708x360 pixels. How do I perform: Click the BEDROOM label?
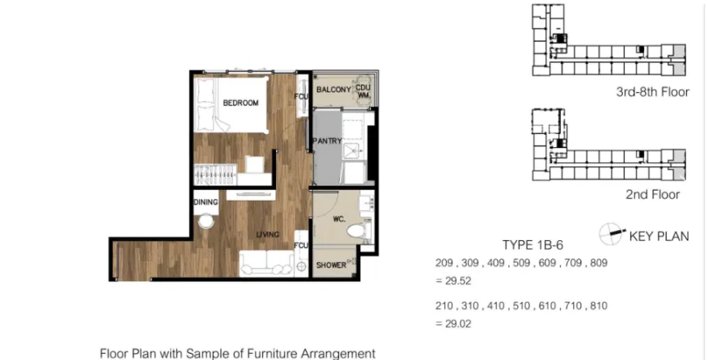pyautogui.click(x=241, y=102)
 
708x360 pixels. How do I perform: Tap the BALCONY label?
pyautogui.click(x=334, y=90)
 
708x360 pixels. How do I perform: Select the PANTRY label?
pyautogui.click(x=327, y=141)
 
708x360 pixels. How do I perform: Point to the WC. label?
pyautogui.click(x=339, y=219)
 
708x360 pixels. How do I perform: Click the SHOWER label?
pyautogui.click(x=331, y=265)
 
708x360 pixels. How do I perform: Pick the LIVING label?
pyautogui.click(x=267, y=234)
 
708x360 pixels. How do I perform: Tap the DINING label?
pyautogui.click(x=206, y=202)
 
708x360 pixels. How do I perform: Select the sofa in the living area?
pyautogui.click(x=267, y=262)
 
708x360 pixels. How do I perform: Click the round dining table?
pyautogui.click(x=207, y=221)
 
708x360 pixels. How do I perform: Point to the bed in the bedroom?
pyautogui.click(x=231, y=105)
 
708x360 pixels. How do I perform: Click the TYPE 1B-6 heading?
pyautogui.click(x=533, y=245)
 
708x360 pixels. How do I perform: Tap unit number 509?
pyautogui.click(x=522, y=263)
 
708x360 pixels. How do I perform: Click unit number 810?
pyautogui.click(x=599, y=306)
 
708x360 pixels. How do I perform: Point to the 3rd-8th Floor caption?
pyautogui.click(x=652, y=92)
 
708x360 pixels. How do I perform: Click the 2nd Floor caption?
pyautogui.click(x=652, y=195)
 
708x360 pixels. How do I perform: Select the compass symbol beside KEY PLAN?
pyautogui.click(x=610, y=234)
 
